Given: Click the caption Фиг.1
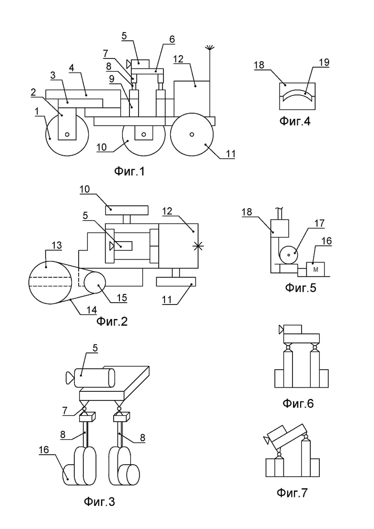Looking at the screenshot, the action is tap(129, 171).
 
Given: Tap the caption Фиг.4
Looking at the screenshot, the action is tap(295, 121).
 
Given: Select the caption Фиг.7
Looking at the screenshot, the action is tap(292, 493).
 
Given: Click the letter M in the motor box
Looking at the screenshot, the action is tap(316, 270).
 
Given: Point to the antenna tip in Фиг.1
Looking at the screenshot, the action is tap(210, 45).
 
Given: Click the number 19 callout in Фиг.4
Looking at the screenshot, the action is tap(324, 62).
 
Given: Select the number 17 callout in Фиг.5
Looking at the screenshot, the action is tap(319, 223).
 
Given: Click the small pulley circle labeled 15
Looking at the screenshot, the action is tap(95, 282).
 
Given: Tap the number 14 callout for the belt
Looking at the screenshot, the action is tap(92, 310).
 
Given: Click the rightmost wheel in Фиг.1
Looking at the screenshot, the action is tap(191, 134).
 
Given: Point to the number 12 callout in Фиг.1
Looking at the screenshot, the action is tap(178, 59).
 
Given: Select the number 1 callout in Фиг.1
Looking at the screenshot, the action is tap(37, 111).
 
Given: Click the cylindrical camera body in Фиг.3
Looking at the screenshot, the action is tap(94, 378).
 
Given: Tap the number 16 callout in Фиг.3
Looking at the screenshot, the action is tap(44, 450).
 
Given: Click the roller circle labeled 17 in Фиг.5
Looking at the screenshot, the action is tap(288, 254).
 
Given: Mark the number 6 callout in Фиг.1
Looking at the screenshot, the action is tap(172, 39).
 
